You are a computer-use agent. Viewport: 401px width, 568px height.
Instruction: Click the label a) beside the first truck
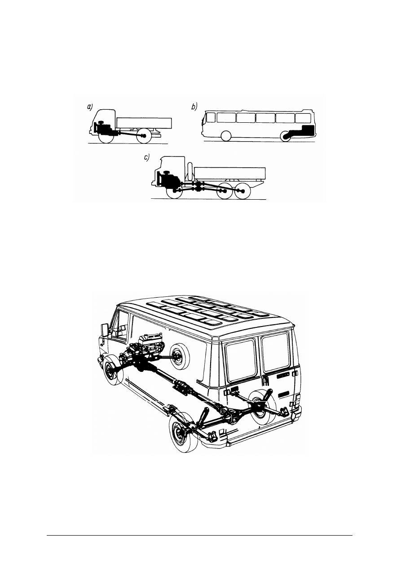pyautogui.click(x=89, y=107)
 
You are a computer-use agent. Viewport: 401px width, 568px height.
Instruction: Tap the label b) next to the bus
pyautogui.click(x=194, y=107)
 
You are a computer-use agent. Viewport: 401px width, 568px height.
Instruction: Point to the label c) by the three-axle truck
pyautogui.click(x=146, y=157)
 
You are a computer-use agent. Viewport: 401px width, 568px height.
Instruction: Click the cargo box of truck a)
pyautogui.click(x=144, y=123)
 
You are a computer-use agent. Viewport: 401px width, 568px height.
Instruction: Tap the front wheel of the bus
pyautogui.click(x=226, y=136)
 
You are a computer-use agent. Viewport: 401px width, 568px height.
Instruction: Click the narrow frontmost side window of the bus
pyautogui.click(x=210, y=117)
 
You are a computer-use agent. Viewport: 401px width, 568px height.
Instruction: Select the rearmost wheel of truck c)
pyautogui.click(x=243, y=191)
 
